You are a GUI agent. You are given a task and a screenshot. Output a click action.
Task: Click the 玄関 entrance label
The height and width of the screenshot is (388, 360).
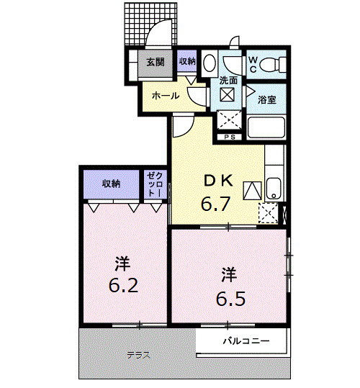[x=156, y=62]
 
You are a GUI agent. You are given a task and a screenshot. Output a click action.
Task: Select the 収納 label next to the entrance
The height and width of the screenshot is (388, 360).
[x=187, y=62]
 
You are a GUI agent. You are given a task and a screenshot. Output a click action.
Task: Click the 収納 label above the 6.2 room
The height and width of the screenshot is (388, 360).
[x=111, y=184]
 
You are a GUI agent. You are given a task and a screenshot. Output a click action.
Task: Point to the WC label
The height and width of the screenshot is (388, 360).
[x=253, y=64]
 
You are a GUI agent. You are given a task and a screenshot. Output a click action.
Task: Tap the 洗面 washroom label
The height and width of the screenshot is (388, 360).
[x=228, y=81]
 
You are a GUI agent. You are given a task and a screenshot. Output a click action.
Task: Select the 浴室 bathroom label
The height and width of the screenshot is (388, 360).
[x=268, y=100]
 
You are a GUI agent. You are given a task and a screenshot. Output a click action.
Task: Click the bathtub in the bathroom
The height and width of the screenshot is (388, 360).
[x=267, y=129]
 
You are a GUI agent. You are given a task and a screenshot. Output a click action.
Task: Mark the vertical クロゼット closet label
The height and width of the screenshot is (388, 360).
[x=153, y=185]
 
